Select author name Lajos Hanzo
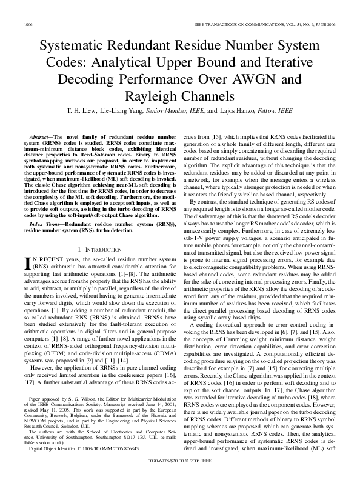pyautogui.click(x=237, y=111)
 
